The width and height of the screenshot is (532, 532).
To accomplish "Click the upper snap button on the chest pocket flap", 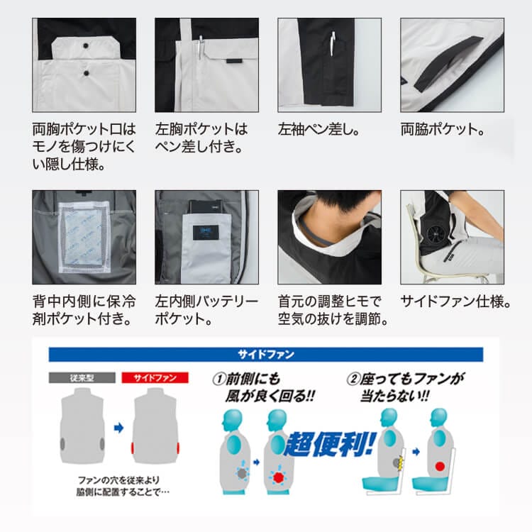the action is coord(86,45).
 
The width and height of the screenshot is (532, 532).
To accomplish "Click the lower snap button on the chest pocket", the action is coord(86,73).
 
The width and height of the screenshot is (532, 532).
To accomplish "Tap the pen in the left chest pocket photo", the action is coord(201,48).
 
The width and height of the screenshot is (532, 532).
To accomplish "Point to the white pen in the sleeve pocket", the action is coord(333,44).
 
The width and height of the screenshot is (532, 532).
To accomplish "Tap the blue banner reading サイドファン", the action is coord(266,355).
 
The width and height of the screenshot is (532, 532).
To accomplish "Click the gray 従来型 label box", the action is coord(82,377).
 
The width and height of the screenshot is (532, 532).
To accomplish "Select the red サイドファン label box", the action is coord(155,377).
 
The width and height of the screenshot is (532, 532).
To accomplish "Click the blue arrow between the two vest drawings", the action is coord(118,428).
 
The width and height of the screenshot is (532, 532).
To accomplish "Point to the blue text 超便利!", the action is coord(330,443).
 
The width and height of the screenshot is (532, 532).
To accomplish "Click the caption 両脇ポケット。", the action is coord(443,129).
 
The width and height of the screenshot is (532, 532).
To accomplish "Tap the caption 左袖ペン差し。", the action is coord(319,129).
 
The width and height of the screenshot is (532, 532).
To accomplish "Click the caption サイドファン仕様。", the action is coord(455,301).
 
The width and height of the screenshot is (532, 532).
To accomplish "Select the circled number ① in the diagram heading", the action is coord(219,379).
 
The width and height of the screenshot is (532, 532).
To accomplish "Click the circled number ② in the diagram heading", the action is coord(353,379).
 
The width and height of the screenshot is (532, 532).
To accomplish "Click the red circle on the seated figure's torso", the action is coord(440,466).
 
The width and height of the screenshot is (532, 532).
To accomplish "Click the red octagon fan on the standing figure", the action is coord(278,477).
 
